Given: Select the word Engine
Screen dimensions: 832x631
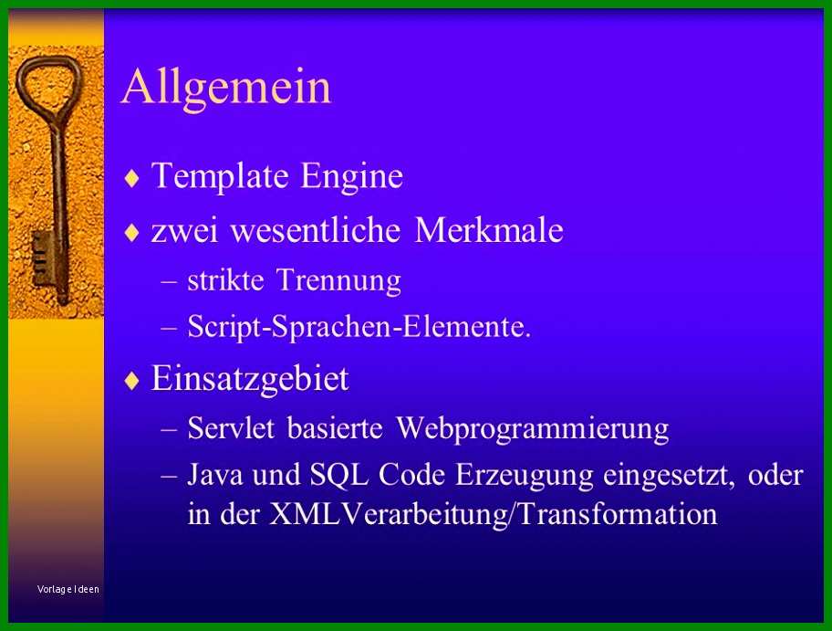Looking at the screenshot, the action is [352, 177].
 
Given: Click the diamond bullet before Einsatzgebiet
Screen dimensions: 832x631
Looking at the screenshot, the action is [131, 380].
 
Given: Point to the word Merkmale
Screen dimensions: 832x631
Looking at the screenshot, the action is [489, 230].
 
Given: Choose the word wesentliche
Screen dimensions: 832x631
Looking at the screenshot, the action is [315, 230].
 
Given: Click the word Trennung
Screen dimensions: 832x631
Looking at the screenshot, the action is [338, 281].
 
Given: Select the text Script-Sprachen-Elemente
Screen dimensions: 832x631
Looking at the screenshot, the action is [359, 327].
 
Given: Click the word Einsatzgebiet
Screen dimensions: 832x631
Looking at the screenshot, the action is [250, 379].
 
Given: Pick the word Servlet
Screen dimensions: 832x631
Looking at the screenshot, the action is [231, 428].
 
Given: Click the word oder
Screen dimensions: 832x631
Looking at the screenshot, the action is [775, 476].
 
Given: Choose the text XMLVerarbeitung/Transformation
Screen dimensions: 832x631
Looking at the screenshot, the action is [493, 514].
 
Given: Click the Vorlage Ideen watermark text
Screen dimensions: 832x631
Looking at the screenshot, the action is [68, 589].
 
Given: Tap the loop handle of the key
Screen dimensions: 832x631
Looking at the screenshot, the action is [48, 85].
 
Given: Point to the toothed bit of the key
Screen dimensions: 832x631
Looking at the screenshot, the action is [41, 258].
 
